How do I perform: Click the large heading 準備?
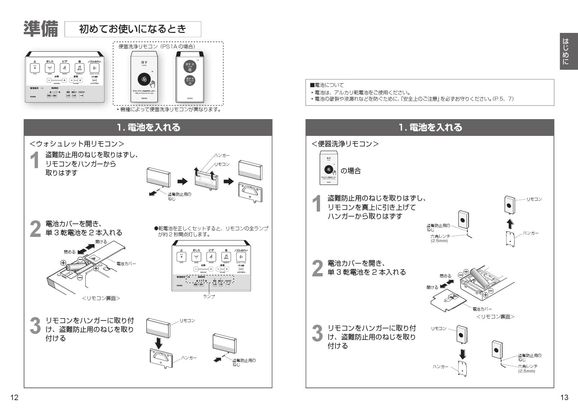click(41, 29)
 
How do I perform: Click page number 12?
click(14, 397)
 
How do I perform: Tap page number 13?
click(564, 397)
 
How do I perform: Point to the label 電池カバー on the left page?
click(126, 264)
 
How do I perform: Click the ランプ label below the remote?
click(209, 296)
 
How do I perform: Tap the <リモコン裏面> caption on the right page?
click(495, 317)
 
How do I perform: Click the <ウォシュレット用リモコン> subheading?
click(77, 144)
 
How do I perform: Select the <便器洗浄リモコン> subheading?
click(345, 144)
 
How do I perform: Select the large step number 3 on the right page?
click(317, 333)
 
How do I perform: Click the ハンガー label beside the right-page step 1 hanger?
click(531, 233)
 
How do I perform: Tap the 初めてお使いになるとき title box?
click(133, 29)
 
